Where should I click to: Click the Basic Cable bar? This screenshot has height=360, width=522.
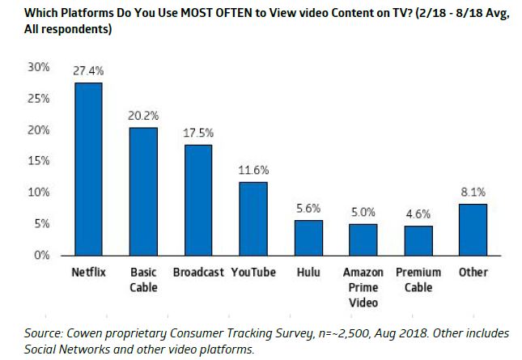[143, 191]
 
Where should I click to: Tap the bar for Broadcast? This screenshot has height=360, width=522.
[198, 200]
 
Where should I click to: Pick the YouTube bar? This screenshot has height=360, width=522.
[253, 218]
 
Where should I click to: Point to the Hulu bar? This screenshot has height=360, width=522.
[308, 237]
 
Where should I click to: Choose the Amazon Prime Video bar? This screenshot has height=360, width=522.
[363, 239]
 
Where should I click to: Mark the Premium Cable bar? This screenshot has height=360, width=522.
[418, 240]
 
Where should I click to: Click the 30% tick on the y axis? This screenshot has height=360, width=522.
[40, 67]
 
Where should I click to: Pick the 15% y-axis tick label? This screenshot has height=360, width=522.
[40, 161]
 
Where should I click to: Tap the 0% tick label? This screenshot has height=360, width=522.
[44, 256]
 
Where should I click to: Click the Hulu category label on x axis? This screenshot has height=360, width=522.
[308, 272]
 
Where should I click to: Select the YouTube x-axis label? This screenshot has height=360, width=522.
[253, 272]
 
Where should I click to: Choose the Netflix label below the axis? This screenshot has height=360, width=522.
[88, 272]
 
